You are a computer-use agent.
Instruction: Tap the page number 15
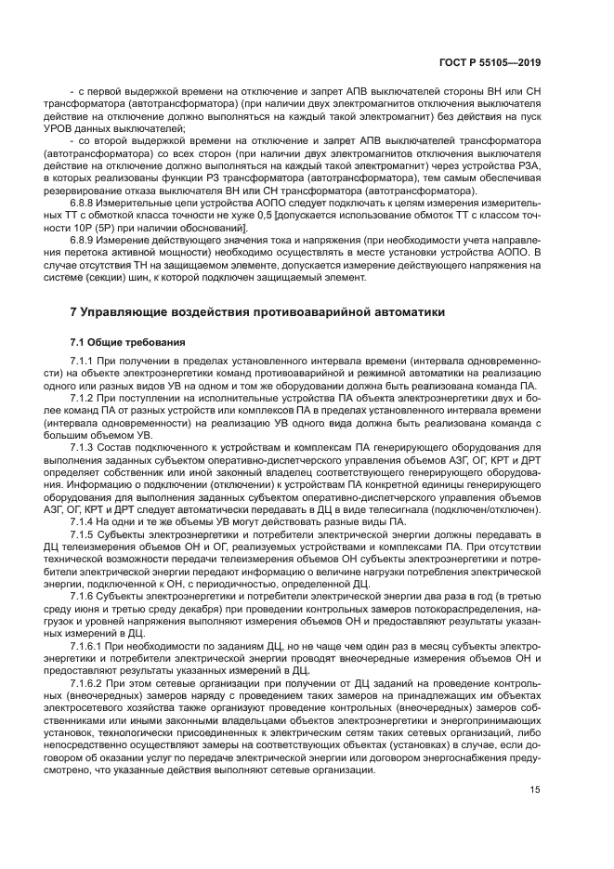pyautogui.click(x=534, y=791)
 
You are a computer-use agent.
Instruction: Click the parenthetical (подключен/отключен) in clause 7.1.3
pyautogui.click(x=490, y=508)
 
